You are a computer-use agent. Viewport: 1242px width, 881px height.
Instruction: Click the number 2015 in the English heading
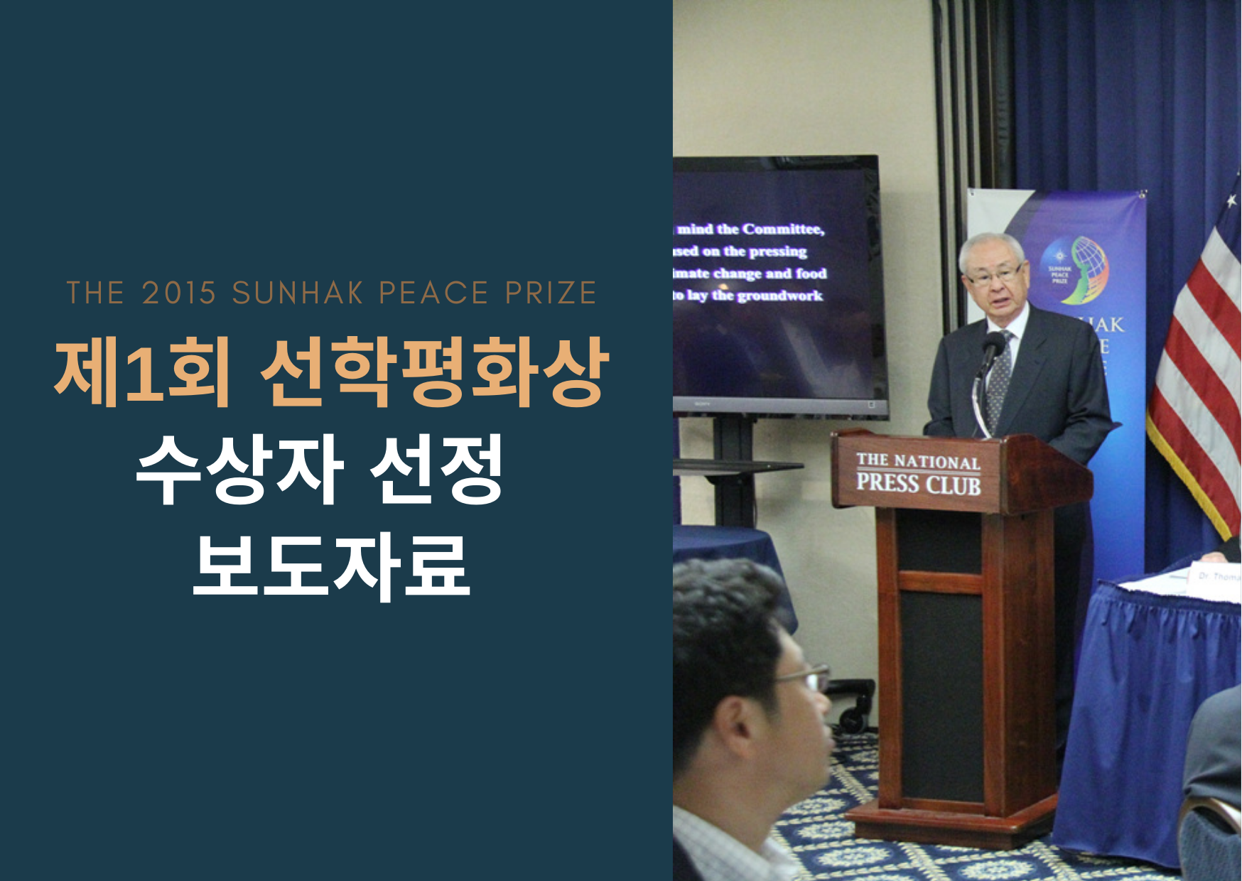pyautogui.click(x=178, y=293)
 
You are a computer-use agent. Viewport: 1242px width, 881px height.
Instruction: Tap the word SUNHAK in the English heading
pyautogui.click(x=298, y=293)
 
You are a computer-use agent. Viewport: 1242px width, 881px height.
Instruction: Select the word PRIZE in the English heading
pyautogui.click(x=551, y=293)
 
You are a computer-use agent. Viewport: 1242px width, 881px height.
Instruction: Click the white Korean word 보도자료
pyautogui.click(x=331, y=566)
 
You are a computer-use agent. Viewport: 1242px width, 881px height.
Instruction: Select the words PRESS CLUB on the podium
pyautogui.click(x=918, y=485)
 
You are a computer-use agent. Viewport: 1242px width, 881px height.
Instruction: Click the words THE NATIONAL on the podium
pyautogui.click(x=918, y=460)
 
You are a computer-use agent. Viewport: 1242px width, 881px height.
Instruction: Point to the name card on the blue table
pyautogui.click(x=1216, y=577)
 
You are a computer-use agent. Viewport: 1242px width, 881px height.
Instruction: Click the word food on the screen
pyautogui.click(x=811, y=274)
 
